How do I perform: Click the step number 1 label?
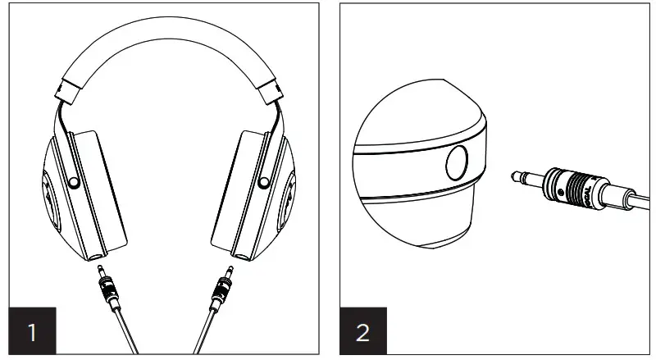[x=32, y=332]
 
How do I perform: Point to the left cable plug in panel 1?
[x=107, y=287]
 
